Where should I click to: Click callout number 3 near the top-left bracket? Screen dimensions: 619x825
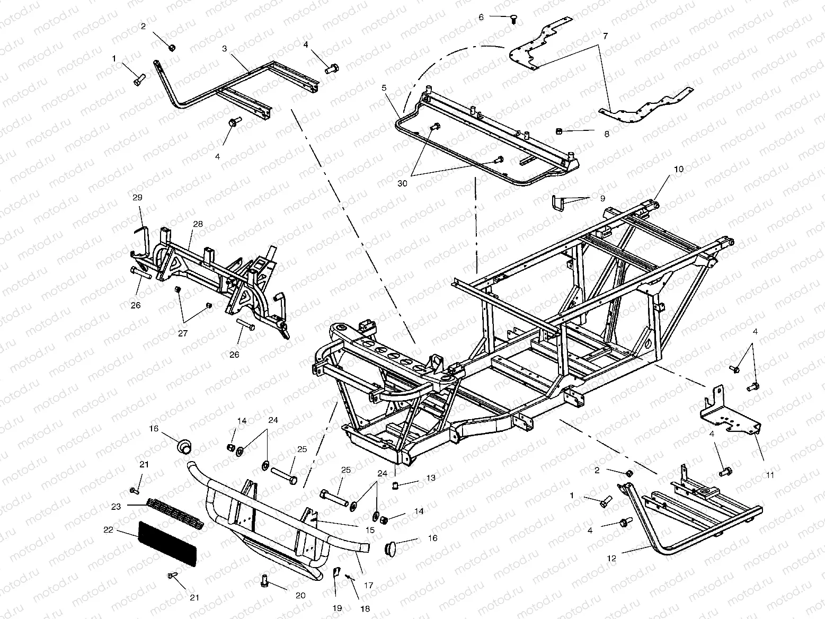pos(225,48)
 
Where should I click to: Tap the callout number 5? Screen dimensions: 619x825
pos(384,86)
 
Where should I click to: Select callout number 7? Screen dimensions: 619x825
pos(605,36)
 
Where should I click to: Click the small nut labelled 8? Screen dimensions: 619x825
pos(560,130)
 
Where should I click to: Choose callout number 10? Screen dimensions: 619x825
pos(679,170)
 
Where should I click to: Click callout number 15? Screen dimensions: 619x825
pos(370,529)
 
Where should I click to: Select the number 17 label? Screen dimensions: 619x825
pos(369,586)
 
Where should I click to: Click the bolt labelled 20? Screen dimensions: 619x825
pos(265,580)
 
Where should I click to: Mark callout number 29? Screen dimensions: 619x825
pos(137,197)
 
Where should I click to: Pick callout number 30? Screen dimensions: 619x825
pos(403,183)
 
